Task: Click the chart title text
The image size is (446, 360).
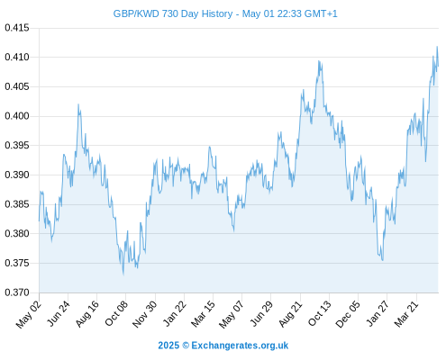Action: pos(225,13)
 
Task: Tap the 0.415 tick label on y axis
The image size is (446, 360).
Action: pos(17,28)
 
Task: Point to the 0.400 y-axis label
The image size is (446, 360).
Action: pos(17,116)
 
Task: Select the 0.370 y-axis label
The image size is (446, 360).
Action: pos(17,292)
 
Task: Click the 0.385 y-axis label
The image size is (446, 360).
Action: pos(17,204)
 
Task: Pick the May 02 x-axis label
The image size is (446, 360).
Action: pos(28,314)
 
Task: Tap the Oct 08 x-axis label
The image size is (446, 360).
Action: pos(116,312)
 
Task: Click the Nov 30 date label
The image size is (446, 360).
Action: pos(144,314)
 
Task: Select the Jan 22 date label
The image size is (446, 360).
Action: pos(174,313)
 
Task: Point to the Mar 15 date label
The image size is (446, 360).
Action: pos(203,313)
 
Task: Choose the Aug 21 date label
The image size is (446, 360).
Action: pos(290,313)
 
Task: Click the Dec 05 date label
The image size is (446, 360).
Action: pos(348,314)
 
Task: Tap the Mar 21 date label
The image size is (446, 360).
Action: pos(406,313)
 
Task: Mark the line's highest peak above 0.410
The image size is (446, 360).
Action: pos(437,47)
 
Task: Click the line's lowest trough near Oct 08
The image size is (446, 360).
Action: pos(123,274)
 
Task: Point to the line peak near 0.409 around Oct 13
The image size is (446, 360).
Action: pos(319,61)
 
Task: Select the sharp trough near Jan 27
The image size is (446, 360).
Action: pos(382,260)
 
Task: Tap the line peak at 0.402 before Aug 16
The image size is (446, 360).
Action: pos(78,104)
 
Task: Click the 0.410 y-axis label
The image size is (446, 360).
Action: pos(17,57)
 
